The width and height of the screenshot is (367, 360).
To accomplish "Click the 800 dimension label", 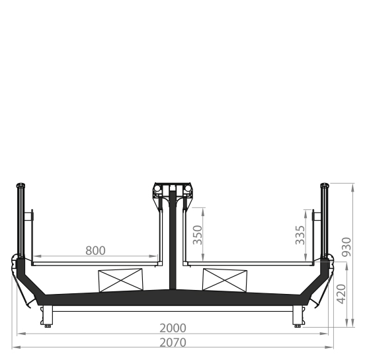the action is click(x=95, y=250).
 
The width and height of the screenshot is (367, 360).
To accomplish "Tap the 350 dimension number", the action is click(x=197, y=234).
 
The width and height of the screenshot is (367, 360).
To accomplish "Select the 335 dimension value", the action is click(x=300, y=235).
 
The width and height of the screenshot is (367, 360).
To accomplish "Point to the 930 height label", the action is click(x=347, y=247).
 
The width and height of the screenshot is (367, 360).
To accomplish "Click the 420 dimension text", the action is click(x=341, y=294).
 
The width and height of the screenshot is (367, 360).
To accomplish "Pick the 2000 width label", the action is click(x=173, y=328).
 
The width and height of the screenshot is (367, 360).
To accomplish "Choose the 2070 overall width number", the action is click(x=173, y=343).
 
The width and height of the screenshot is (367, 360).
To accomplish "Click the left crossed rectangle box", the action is click(x=120, y=280).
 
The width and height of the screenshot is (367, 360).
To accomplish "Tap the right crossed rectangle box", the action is click(x=225, y=280).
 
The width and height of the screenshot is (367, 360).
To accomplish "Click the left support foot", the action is click(x=48, y=316).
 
